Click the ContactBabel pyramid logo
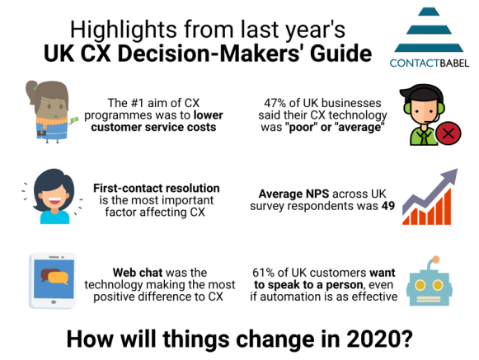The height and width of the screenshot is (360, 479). pyautogui.click(x=429, y=30)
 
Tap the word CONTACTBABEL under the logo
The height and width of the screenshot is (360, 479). pyautogui.click(x=430, y=63)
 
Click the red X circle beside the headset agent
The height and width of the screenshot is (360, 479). pyautogui.click(x=448, y=133)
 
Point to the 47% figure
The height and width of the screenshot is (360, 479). pyautogui.click(x=275, y=103)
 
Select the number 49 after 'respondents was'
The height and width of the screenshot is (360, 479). pyautogui.click(x=388, y=206)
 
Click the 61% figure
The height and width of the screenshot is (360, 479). pyautogui.click(x=263, y=273)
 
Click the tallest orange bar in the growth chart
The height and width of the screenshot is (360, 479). pyautogui.click(x=446, y=207)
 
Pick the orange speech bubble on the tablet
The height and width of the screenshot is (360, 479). pyautogui.click(x=58, y=278)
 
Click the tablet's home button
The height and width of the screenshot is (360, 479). pyautogui.click(x=54, y=302)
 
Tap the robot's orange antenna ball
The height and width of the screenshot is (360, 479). pyautogui.click(x=436, y=259)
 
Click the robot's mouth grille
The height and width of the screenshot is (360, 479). pyautogui.click(x=429, y=299)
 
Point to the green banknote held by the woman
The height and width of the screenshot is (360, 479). pyautogui.click(x=73, y=120)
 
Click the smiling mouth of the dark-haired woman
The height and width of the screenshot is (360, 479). pyautogui.click(x=54, y=201)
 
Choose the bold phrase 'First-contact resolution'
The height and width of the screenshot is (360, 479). pyautogui.click(x=157, y=188)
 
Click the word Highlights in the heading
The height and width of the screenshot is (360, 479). pyautogui.click(x=124, y=30)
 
